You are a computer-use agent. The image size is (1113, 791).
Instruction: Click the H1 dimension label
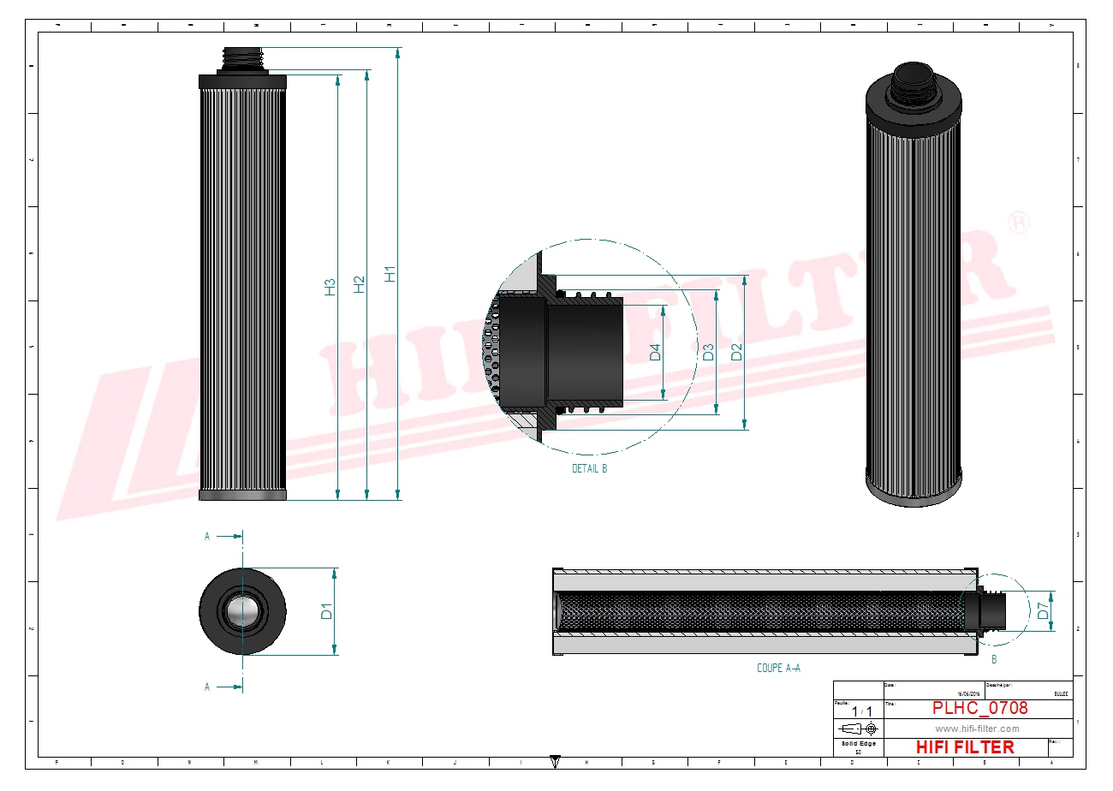390,274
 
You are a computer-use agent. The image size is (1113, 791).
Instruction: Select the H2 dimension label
360,284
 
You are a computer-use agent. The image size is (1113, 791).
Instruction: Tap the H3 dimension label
330,288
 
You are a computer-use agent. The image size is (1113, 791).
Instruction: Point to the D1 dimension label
326,611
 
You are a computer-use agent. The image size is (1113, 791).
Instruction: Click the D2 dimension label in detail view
735,352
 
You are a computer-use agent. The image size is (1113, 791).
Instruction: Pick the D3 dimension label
708,352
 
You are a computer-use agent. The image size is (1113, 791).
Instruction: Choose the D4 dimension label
655,352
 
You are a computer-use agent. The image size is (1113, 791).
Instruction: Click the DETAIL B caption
589,469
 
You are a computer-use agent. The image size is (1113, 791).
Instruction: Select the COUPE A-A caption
778,668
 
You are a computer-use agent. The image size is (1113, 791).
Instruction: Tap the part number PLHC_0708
979,708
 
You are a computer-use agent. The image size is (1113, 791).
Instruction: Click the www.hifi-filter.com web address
977,729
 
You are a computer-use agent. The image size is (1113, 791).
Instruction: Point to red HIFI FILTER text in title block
965,747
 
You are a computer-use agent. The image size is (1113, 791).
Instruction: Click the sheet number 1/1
862,711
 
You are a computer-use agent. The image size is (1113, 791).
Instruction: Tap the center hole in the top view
241,611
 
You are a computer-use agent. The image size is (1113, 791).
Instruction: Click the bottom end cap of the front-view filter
242,495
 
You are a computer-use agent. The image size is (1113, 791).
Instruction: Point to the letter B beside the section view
994,659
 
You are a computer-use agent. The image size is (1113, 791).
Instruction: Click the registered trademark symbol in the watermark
1019,223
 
